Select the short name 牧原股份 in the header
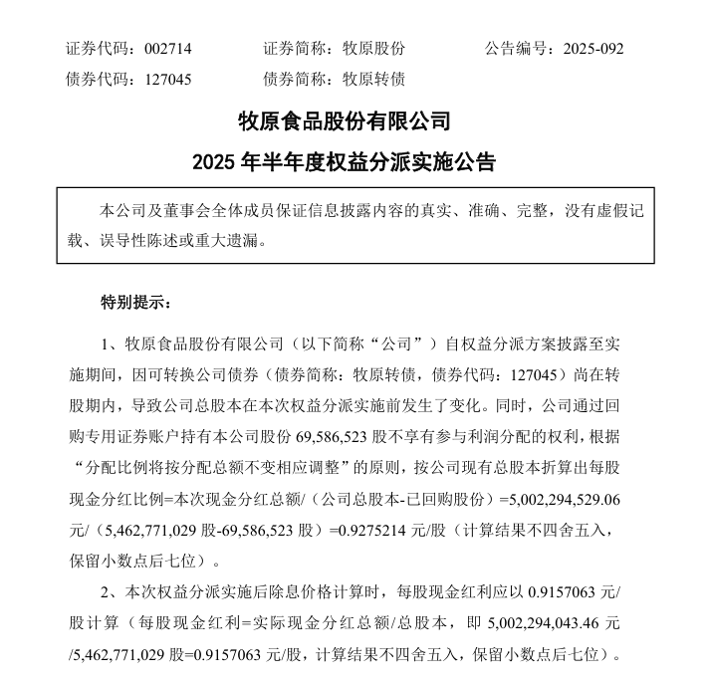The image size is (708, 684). (373, 48)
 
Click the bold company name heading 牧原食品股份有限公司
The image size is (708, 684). (345, 122)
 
